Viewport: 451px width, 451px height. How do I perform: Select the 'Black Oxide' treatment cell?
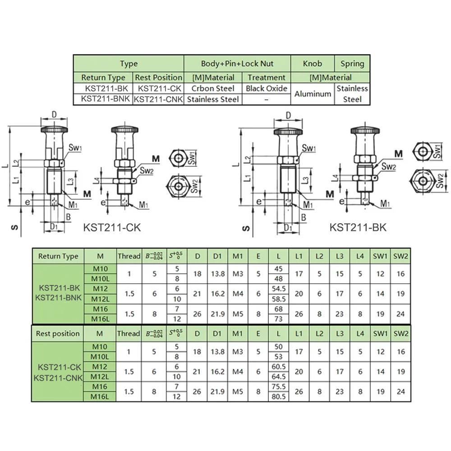(x=266, y=88)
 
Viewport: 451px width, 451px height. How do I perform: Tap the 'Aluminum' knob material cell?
(x=312, y=94)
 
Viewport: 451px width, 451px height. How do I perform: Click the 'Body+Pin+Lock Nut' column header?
(x=237, y=64)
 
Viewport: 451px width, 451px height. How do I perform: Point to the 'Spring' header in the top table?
(x=352, y=64)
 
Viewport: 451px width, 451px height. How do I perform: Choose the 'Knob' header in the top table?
(x=312, y=64)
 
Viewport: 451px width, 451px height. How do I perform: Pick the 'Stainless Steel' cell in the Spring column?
(x=352, y=94)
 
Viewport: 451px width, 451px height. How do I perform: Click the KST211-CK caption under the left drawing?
(x=112, y=227)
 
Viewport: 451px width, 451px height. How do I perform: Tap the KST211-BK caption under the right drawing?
(x=358, y=227)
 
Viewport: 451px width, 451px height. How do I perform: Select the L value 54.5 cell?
(x=278, y=288)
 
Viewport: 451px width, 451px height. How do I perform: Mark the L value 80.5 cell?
(x=278, y=396)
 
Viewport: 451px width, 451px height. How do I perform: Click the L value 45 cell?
(x=278, y=269)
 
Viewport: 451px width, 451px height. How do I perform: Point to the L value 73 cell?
(x=278, y=319)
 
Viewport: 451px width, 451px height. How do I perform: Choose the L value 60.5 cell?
(x=278, y=366)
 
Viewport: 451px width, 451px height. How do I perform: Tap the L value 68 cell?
(x=278, y=309)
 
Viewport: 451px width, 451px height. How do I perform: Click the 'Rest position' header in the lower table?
(x=58, y=334)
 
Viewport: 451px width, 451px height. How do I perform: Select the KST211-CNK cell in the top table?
(x=158, y=99)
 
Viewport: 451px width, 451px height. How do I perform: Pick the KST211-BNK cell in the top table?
(x=103, y=99)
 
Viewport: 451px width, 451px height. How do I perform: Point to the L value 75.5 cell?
(x=278, y=387)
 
